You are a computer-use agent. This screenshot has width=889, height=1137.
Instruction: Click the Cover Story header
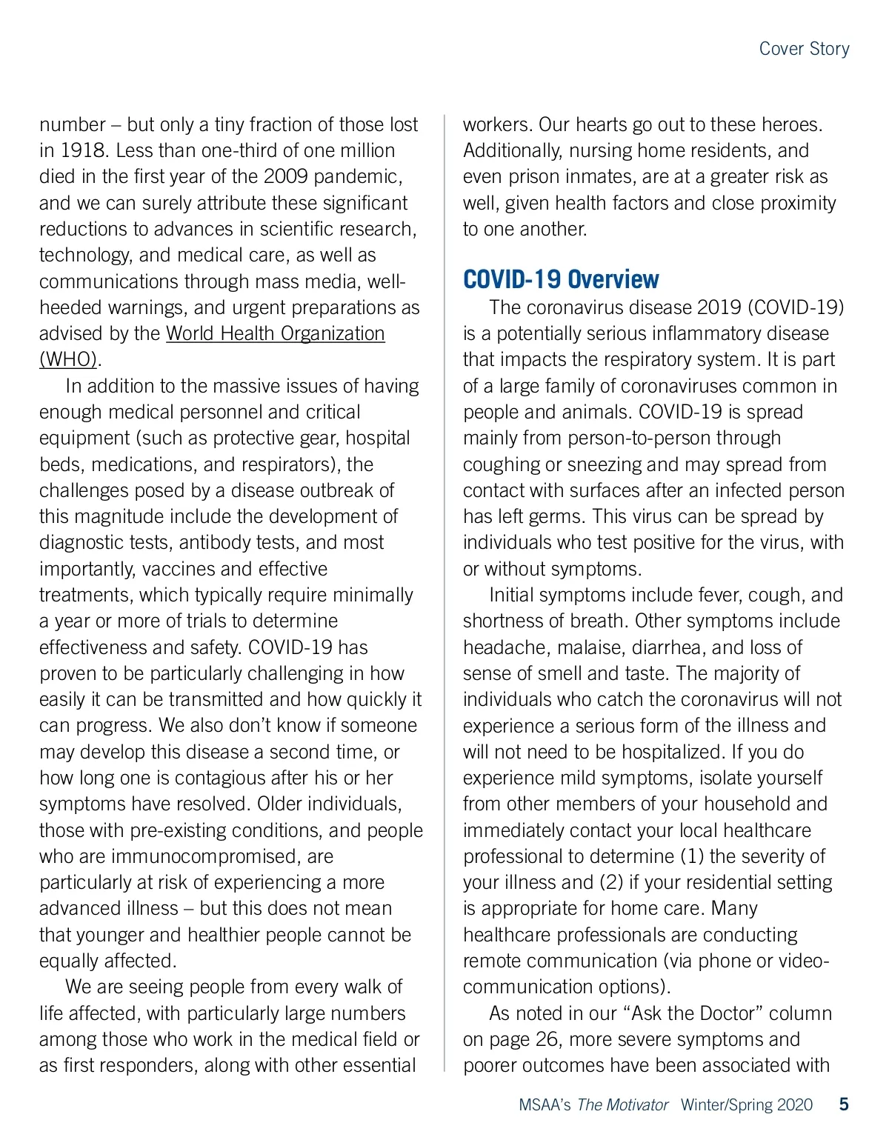click(804, 49)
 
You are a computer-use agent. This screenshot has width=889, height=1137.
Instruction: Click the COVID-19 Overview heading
click(561, 280)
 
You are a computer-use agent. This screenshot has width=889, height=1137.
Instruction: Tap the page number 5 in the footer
click(844, 1104)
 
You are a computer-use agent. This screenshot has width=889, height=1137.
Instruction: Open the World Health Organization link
click(275, 333)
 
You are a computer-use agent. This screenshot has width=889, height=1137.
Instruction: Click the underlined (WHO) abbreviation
click(68, 360)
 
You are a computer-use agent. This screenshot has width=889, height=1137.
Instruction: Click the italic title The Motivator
click(622, 1105)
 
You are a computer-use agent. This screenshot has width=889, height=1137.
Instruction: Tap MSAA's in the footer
click(545, 1105)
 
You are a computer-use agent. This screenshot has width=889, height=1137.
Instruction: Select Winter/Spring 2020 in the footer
click(746, 1105)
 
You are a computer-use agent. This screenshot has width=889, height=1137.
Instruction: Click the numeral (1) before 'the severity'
click(692, 857)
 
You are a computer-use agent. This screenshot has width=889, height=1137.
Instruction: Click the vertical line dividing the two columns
click(444, 593)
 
